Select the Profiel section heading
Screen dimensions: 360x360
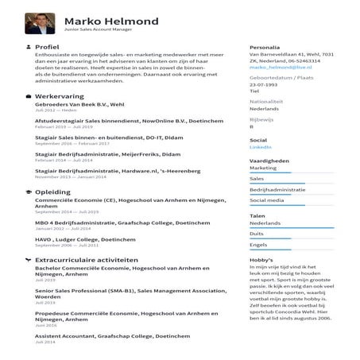pyautogui.click(x=48, y=47)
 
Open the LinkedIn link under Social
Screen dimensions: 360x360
pyautogui.click(x=261, y=148)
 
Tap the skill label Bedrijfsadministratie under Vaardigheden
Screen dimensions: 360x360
pyautogui.click(x=277, y=190)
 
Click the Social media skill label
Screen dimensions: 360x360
pyautogui.click(x=266, y=200)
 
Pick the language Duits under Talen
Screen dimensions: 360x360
pyautogui.click(x=257, y=234)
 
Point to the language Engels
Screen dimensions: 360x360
pyautogui.click(x=258, y=244)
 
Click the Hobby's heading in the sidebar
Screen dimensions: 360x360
pyautogui.click(x=261, y=260)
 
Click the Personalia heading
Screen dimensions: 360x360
pyautogui.click(x=265, y=47)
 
